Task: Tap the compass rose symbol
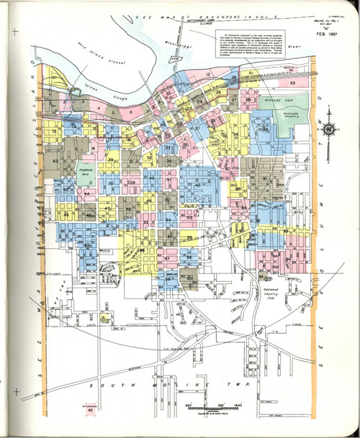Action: (x=328, y=130)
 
